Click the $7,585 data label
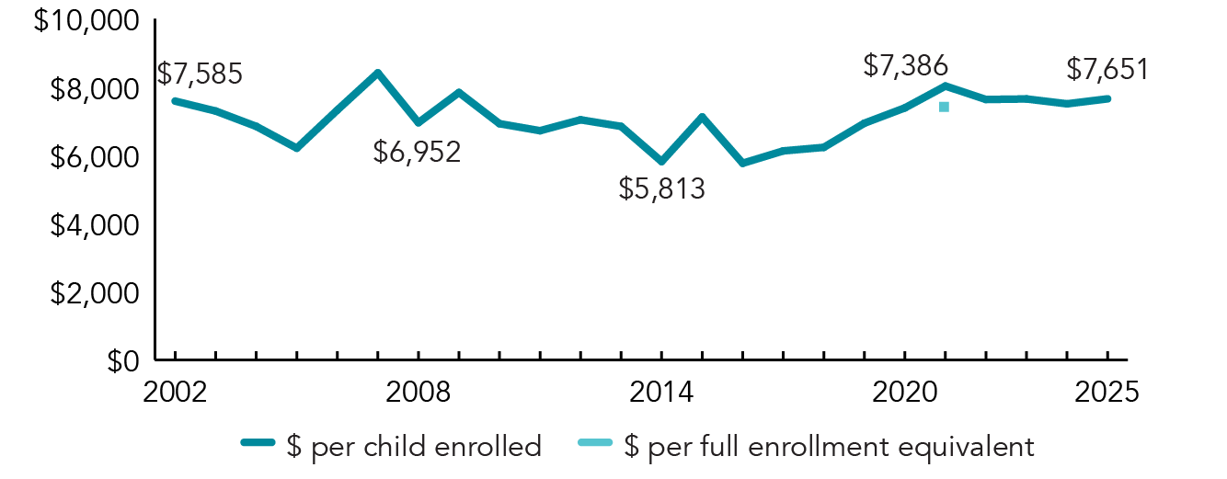click(x=200, y=74)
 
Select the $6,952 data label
click(x=417, y=152)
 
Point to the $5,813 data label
click(x=661, y=190)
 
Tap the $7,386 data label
click(x=905, y=65)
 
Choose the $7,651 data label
click(x=1107, y=69)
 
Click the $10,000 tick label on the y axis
click(x=86, y=21)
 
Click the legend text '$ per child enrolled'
click(x=413, y=447)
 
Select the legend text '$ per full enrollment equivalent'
click(x=829, y=447)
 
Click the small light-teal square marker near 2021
click(x=944, y=107)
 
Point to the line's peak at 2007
click(x=377, y=72)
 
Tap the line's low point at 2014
click(x=661, y=162)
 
